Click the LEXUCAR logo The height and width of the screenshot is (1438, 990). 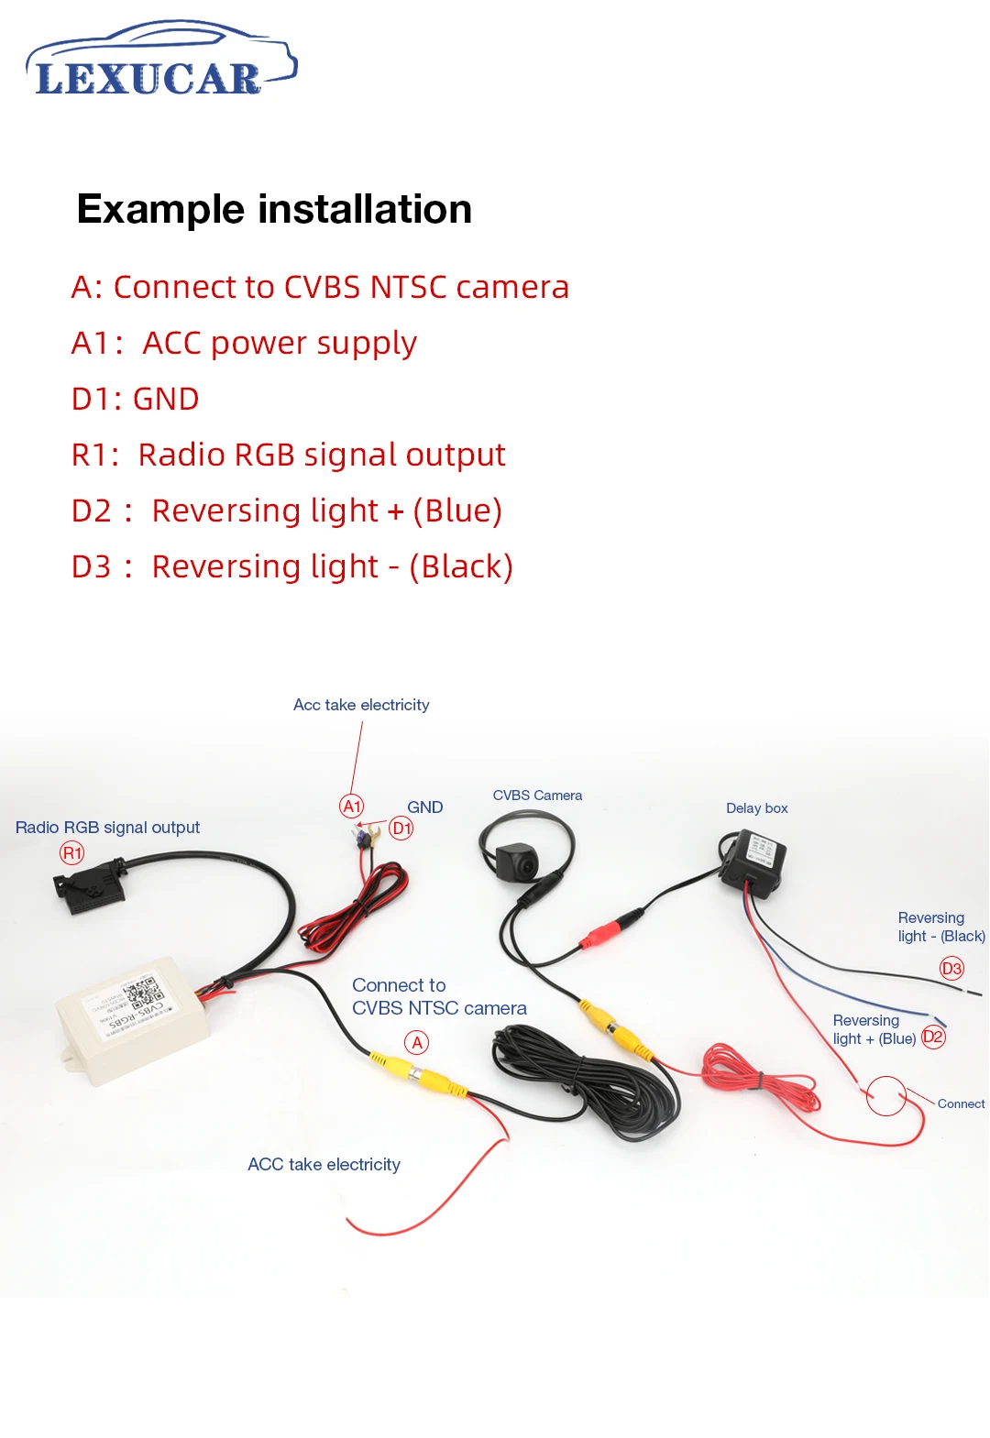click(160, 62)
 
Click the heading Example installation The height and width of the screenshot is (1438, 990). click(274, 209)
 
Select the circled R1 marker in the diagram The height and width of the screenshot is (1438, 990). click(72, 853)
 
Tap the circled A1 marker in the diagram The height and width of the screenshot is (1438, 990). click(352, 806)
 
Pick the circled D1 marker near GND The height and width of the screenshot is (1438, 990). click(401, 829)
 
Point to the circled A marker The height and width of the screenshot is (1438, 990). click(417, 1042)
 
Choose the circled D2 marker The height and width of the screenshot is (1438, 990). click(933, 1037)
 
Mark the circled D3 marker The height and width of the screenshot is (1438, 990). click(952, 968)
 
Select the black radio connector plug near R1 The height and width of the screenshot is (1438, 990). click(87, 886)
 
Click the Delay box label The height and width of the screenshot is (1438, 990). click(756, 808)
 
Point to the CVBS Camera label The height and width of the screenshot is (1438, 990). click(537, 796)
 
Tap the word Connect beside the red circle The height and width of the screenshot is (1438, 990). click(961, 1103)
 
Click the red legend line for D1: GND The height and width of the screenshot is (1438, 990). click(136, 399)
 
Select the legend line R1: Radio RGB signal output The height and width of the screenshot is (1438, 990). click(288, 455)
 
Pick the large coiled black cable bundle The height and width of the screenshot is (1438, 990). click(587, 1081)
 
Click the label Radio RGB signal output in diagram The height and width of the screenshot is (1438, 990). click(107, 828)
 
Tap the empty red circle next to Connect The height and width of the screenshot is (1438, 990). click(886, 1095)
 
